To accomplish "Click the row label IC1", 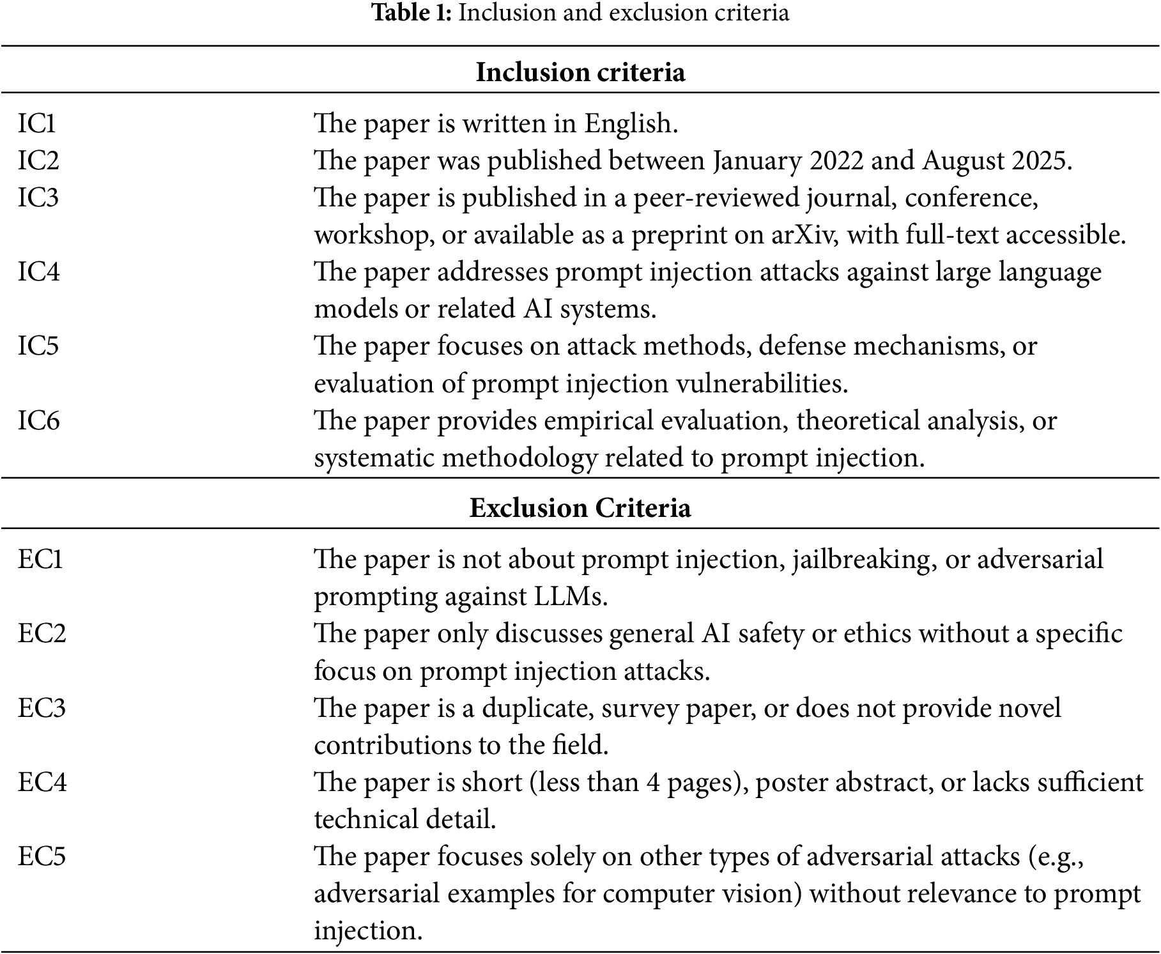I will tap(36, 123).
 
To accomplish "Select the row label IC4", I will tap(38, 272).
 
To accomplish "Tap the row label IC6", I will tap(38, 421).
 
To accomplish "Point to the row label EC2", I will tap(42, 633).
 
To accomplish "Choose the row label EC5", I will tap(42, 856).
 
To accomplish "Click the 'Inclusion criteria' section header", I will tap(580, 72).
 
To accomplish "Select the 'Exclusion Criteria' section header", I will tap(580, 508).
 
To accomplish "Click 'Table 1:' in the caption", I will tap(411, 13).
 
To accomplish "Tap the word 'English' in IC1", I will tap(629, 123).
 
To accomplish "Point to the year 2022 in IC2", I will tap(836, 160).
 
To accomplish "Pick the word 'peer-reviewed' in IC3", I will tap(716, 198).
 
